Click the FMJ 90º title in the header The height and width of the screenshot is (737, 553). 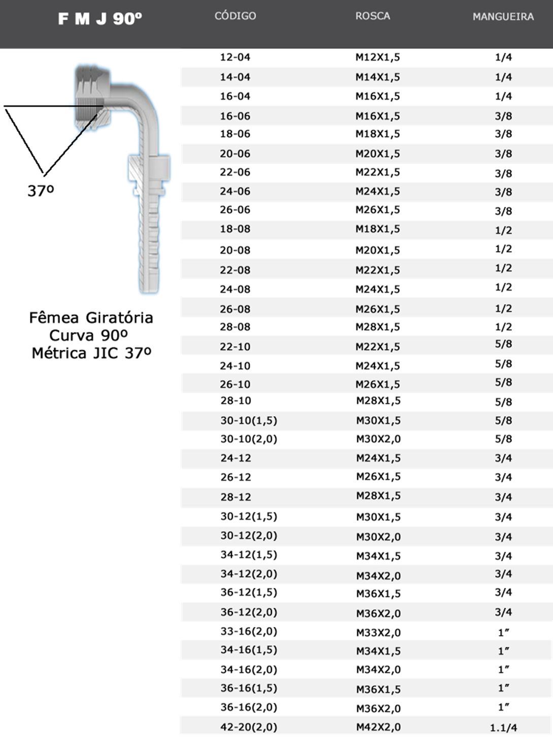[100, 19]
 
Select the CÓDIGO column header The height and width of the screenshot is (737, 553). [235, 16]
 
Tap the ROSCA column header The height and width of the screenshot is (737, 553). [372, 16]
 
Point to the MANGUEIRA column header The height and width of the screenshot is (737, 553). [503, 17]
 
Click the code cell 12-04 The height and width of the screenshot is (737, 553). [235, 57]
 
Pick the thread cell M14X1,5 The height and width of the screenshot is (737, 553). [377, 77]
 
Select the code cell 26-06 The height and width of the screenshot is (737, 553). [235, 210]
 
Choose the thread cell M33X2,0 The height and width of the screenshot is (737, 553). [378, 632]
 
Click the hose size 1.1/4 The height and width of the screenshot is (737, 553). [503, 727]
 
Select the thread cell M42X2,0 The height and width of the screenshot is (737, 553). [378, 727]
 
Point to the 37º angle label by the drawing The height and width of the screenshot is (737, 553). [41, 191]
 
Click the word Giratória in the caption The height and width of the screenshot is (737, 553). [119, 318]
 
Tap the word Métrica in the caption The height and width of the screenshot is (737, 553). [59, 353]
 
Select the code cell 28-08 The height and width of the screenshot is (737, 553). [235, 327]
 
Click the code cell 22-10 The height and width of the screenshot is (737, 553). [235, 347]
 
